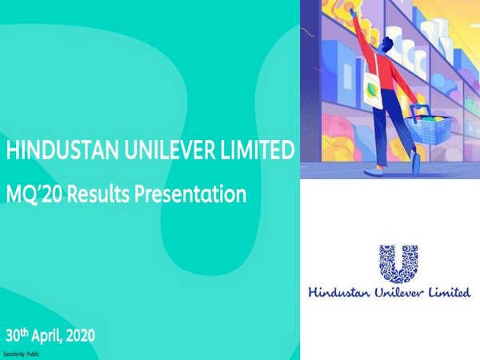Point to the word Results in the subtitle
click(102, 194)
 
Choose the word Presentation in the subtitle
click(194, 194)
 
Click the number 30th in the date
click(19, 334)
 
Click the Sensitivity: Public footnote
click(21, 353)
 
